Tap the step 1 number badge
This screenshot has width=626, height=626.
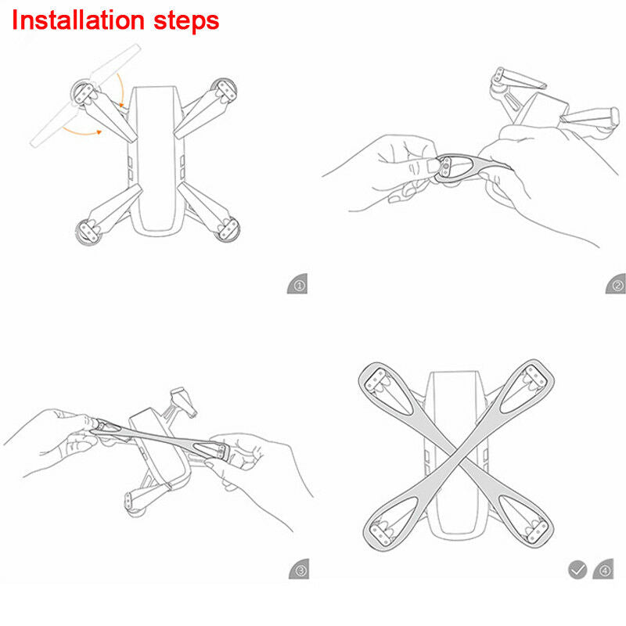[x=297, y=285]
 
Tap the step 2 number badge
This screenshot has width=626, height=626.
[x=616, y=285]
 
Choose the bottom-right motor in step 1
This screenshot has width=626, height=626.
[x=228, y=229]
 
